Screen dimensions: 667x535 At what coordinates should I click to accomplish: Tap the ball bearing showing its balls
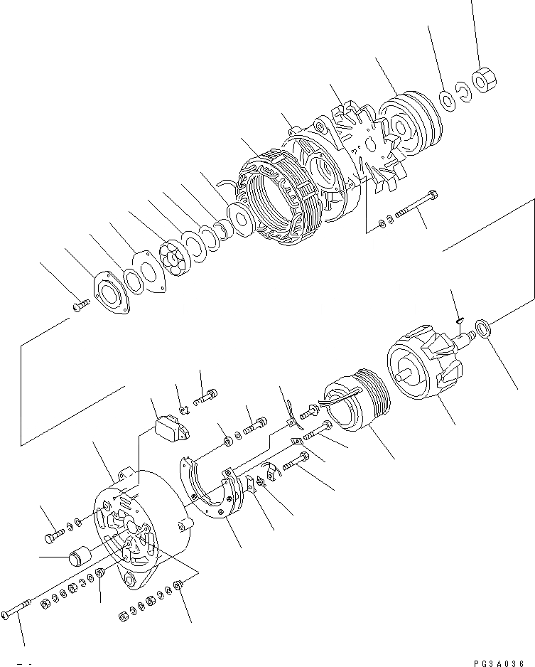point(172,260)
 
